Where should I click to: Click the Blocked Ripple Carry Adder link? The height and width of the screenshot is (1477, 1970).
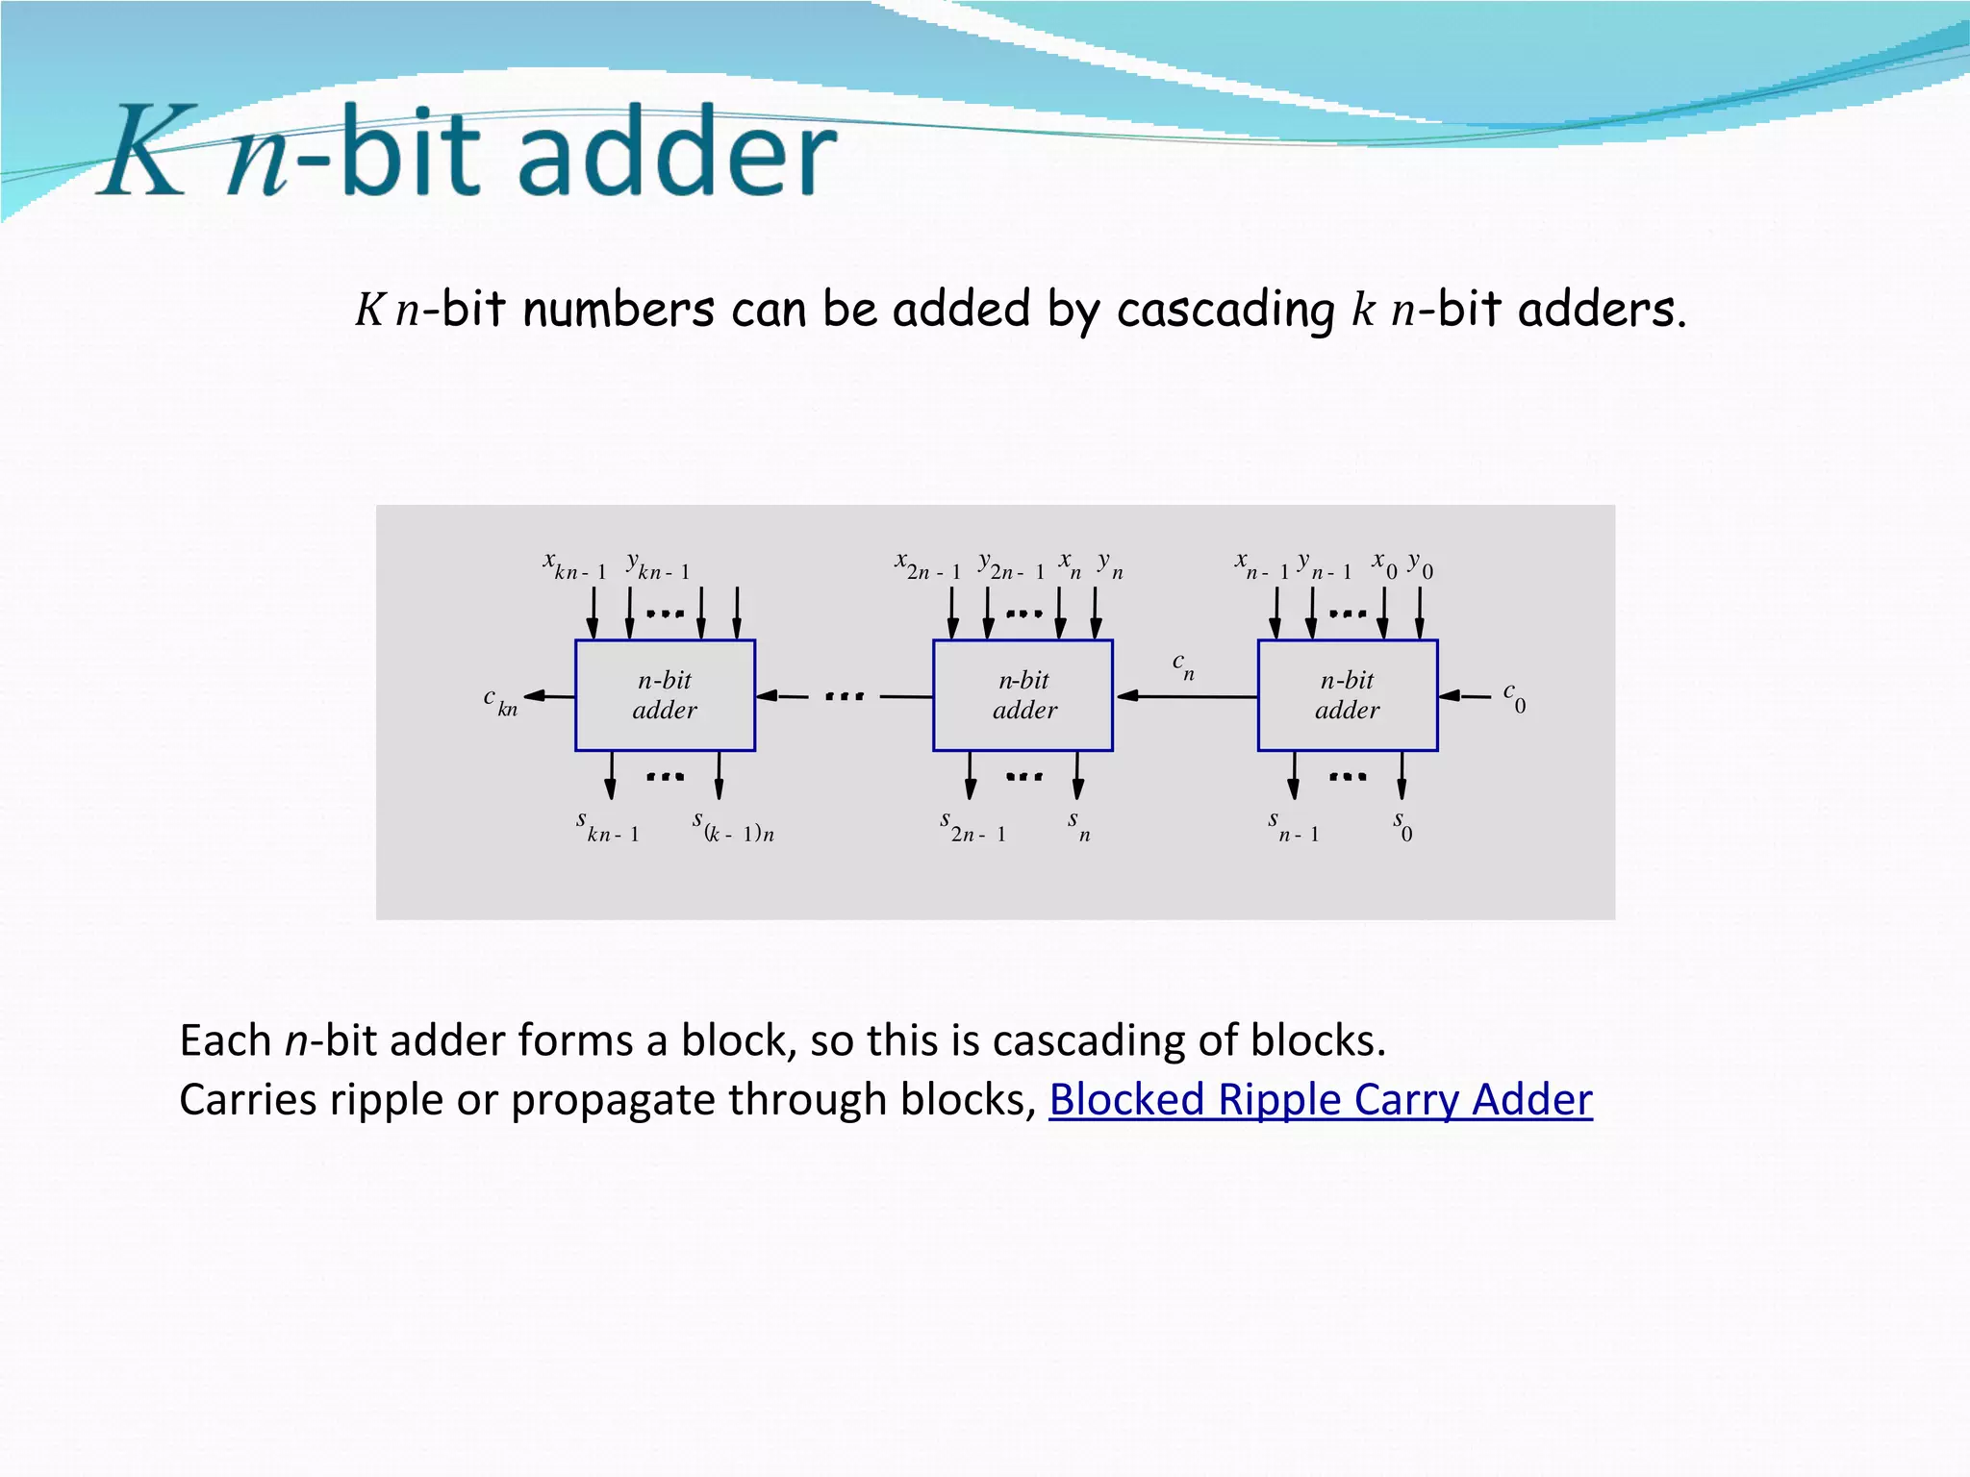coord(1320,1099)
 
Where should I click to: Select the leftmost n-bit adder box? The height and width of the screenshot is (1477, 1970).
coord(665,695)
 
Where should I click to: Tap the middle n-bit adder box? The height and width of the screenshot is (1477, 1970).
coord(1023,695)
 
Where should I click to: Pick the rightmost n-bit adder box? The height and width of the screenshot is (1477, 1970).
coord(1347,695)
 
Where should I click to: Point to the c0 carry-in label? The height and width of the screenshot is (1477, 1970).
coord(1514,697)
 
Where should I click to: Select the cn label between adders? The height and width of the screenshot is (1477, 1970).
coord(1183,665)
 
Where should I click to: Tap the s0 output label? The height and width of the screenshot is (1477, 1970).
coord(1402,825)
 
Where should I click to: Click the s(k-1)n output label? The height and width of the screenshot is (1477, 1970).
coord(733,827)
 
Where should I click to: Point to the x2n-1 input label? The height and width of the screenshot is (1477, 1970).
coord(927,565)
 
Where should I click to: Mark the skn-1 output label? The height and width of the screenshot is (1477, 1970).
coord(607,827)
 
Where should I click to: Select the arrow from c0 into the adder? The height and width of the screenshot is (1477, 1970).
coord(1464,695)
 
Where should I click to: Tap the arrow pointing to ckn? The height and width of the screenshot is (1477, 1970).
coord(549,695)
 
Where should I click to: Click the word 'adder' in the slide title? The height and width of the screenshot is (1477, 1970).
coord(677,151)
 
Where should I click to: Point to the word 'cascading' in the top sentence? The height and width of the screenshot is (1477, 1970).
coord(1225,310)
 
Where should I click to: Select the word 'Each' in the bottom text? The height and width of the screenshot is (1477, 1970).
coord(225,1040)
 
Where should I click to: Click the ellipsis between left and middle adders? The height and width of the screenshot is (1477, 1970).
coord(845,695)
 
